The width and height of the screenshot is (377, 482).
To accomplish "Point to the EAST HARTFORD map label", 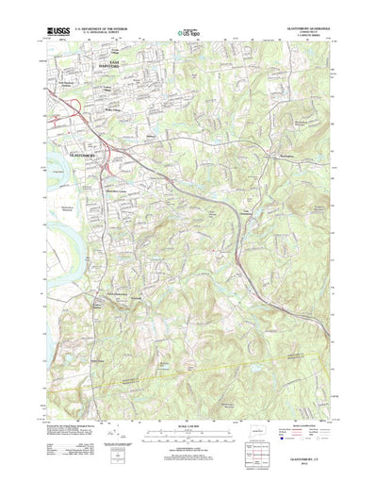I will click(107, 66).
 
